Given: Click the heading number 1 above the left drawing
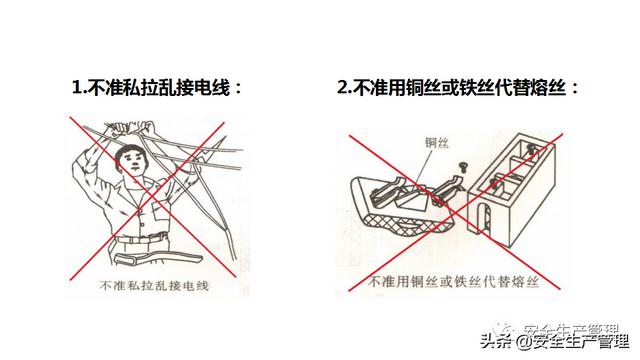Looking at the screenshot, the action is tap(77, 87).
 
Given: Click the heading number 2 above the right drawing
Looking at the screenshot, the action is tap(342, 87).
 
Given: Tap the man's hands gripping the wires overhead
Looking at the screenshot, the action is tap(131, 127).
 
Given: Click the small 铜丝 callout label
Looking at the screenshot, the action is tap(437, 143).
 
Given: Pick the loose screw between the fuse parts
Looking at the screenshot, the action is tap(463, 167).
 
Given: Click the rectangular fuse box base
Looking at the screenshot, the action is tap(512, 190).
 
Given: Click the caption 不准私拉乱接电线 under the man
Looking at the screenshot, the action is tap(154, 285).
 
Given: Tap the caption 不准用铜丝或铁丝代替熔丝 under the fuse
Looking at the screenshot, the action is tap(453, 282).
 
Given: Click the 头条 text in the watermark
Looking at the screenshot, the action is tap(496, 341).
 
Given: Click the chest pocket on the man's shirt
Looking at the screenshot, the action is tap(160, 210).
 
